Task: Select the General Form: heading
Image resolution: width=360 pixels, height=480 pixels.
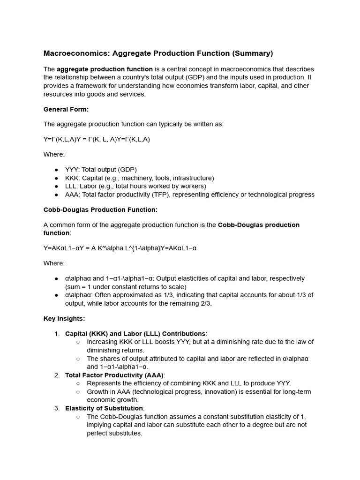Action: click(x=66, y=109)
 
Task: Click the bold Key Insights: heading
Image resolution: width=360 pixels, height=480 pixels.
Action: click(x=64, y=318)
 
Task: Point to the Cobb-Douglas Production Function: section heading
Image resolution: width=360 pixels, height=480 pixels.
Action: click(x=100, y=210)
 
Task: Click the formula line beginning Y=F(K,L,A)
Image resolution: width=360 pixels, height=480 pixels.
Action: click(x=97, y=139)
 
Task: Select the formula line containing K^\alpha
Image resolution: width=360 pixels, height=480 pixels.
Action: click(x=120, y=248)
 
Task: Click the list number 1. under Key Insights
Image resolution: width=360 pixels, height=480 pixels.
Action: click(x=57, y=333)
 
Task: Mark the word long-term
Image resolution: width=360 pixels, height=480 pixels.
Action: click(x=294, y=391)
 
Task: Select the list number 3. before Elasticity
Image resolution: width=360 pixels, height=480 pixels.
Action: click(x=57, y=408)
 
